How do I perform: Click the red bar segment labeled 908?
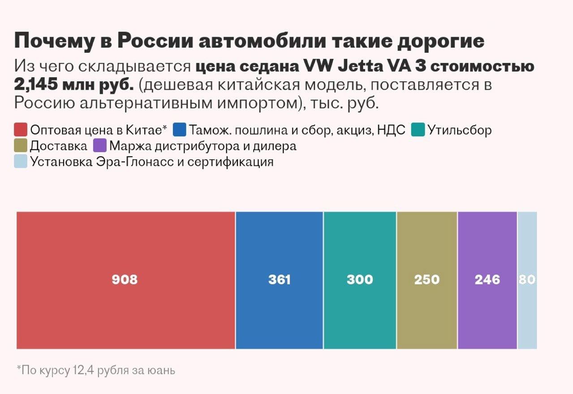click(125, 280)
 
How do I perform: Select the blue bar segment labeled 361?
click(279, 280)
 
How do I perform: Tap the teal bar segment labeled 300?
click(360, 280)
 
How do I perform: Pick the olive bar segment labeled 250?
click(427, 280)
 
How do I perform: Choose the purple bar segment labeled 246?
click(487, 280)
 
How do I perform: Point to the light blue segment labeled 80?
click(527, 280)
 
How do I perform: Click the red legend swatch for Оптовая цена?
click(21, 130)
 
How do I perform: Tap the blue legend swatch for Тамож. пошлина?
click(179, 130)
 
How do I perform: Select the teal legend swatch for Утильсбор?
click(418, 130)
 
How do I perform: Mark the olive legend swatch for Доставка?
click(21, 146)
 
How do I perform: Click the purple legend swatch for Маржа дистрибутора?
click(99, 146)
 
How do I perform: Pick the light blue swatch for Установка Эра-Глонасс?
click(21, 161)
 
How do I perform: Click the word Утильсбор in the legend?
click(460, 130)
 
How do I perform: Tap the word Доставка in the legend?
click(59, 146)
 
